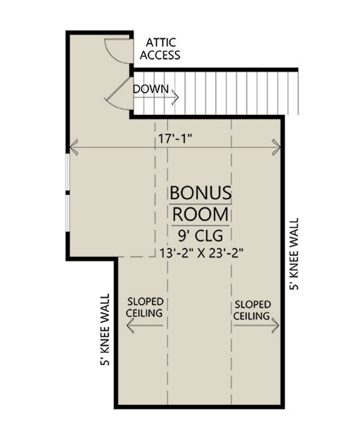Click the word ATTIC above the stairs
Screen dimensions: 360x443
click(161, 43)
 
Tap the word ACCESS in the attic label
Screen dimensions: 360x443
click(160, 55)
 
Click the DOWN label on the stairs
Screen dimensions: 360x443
click(151, 89)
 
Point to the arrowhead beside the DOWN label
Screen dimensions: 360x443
click(175, 97)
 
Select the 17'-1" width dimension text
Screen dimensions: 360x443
click(175, 138)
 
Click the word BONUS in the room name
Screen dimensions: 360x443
click(201, 192)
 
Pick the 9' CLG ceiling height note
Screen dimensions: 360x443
click(200, 236)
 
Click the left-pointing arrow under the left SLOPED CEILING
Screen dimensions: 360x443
click(145, 325)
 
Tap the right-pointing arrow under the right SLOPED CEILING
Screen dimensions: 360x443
click(256, 325)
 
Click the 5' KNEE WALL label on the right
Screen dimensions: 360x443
click(294, 254)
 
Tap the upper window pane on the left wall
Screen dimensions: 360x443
click(67, 172)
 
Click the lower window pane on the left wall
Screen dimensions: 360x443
click(67, 213)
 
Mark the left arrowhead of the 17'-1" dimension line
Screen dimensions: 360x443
click(73, 147)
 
